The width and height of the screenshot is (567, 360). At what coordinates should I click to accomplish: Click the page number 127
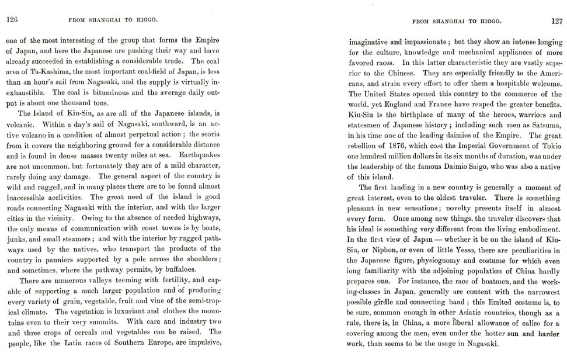pos(555,20)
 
